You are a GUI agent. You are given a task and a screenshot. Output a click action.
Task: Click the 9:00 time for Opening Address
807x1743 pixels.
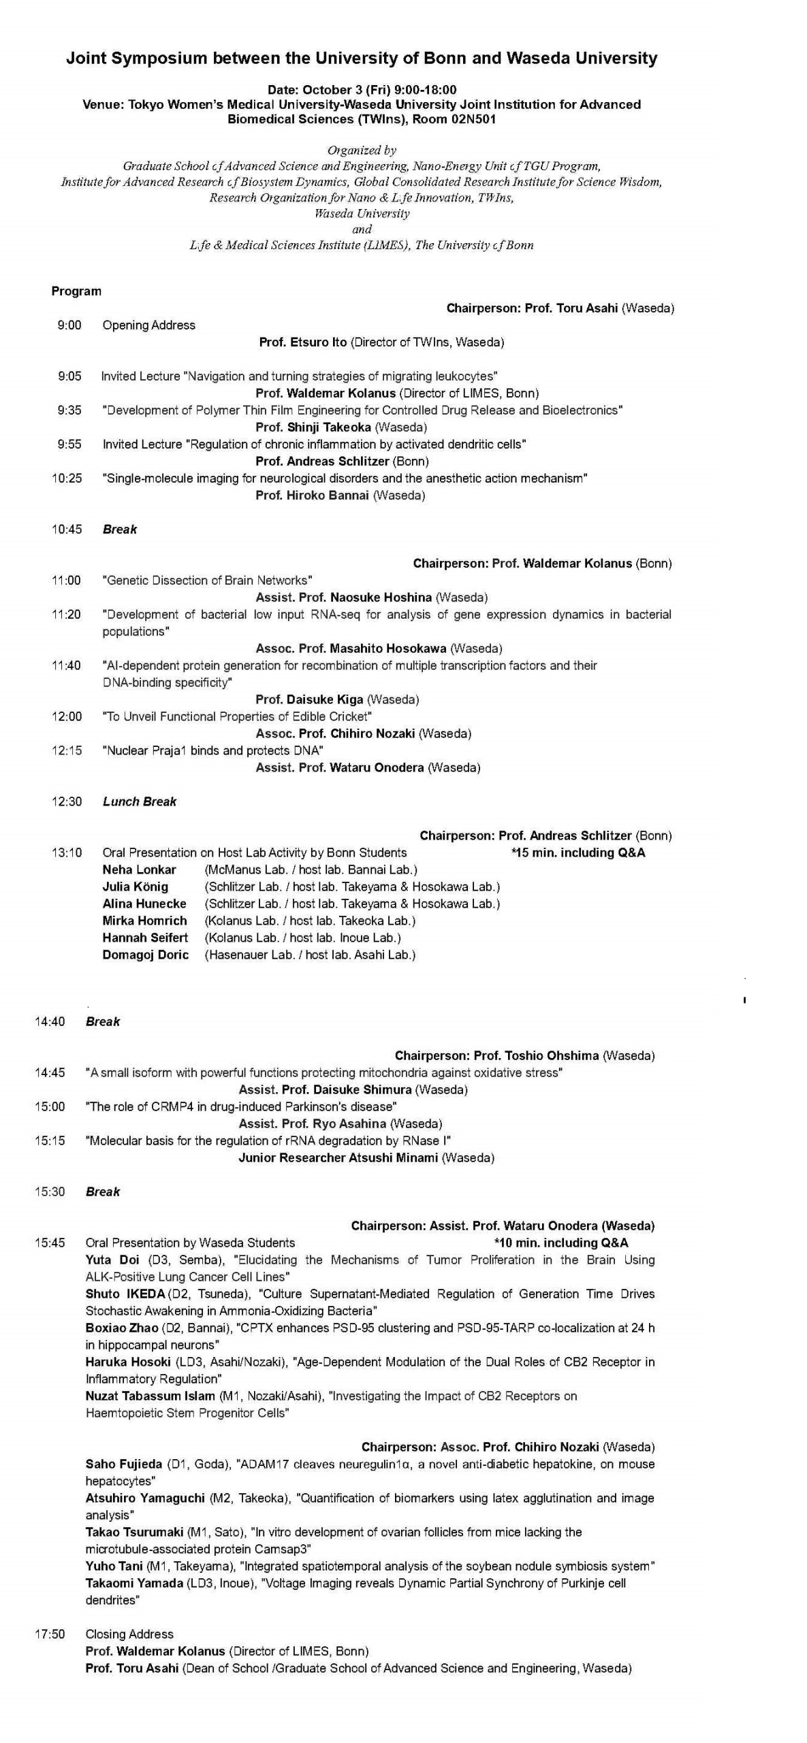(x=69, y=325)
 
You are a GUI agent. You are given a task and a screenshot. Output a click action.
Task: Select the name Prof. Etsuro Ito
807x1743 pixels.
(x=303, y=342)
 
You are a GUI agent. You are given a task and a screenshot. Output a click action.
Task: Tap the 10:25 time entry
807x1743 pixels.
(x=67, y=479)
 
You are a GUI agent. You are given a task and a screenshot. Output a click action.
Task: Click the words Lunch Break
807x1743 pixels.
(x=139, y=802)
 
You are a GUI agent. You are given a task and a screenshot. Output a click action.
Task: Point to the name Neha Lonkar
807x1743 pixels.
(x=139, y=870)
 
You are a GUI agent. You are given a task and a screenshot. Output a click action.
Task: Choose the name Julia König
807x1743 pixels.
(x=135, y=887)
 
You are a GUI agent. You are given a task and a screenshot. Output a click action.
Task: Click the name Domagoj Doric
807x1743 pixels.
(x=145, y=955)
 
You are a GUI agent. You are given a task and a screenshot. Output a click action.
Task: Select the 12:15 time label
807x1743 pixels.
(x=67, y=751)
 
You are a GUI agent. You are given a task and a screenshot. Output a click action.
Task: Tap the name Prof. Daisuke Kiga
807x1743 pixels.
(x=309, y=700)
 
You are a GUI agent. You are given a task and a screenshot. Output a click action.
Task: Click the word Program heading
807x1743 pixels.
(x=76, y=291)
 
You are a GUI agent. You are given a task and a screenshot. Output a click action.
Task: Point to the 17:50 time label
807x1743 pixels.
(x=50, y=1634)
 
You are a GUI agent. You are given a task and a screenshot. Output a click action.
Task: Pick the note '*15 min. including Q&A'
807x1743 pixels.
(x=577, y=853)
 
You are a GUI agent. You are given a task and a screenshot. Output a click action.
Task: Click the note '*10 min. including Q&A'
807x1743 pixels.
(x=561, y=1243)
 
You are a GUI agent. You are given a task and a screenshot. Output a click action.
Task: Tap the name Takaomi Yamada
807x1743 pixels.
(x=134, y=1584)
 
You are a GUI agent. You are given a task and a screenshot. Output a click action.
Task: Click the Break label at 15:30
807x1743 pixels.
(x=103, y=1192)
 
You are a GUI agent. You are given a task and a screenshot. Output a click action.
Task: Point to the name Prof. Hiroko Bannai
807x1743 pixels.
(x=312, y=496)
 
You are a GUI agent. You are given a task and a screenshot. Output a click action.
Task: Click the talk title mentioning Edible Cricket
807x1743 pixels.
(x=237, y=717)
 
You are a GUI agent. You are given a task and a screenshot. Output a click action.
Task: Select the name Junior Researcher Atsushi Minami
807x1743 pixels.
(x=338, y=1158)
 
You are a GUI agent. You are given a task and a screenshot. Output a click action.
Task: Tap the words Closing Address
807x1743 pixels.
(x=129, y=1634)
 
